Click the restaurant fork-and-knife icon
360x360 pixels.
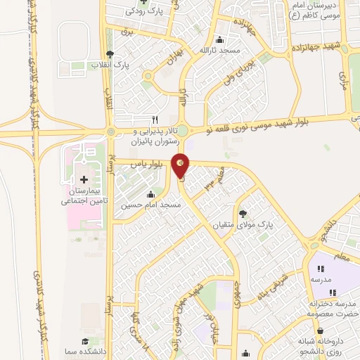155,119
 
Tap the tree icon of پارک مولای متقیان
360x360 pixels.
243,212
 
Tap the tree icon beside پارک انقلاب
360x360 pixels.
109,54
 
